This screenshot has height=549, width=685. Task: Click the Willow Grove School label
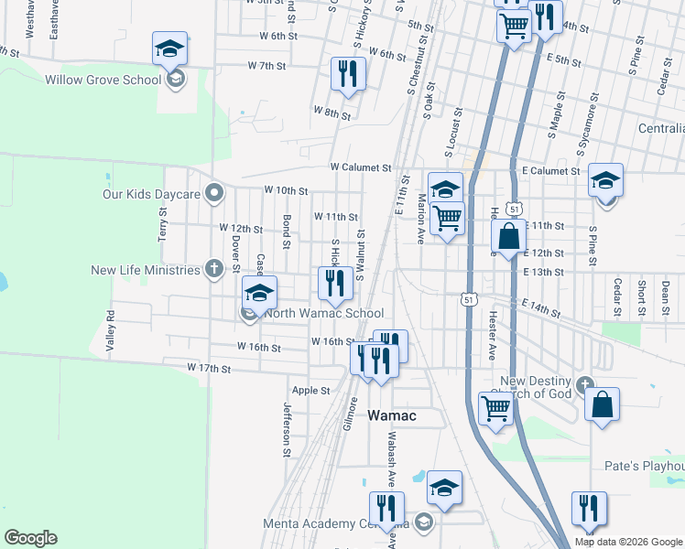click(x=103, y=80)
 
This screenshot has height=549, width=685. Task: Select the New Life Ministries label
click(x=145, y=270)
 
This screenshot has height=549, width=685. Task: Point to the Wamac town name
click(x=392, y=415)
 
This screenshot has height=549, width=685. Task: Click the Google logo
click(x=30, y=538)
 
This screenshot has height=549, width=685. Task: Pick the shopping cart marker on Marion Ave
click(x=446, y=219)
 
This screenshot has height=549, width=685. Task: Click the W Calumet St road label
click(x=361, y=167)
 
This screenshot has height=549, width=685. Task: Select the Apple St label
click(x=310, y=391)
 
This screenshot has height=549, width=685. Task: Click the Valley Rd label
click(x=110, y=330)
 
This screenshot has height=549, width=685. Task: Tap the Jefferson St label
click(x=287, y=428)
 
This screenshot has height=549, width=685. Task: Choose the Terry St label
click(x=163, y=222)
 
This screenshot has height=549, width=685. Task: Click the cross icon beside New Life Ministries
click(x=213, y=269)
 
